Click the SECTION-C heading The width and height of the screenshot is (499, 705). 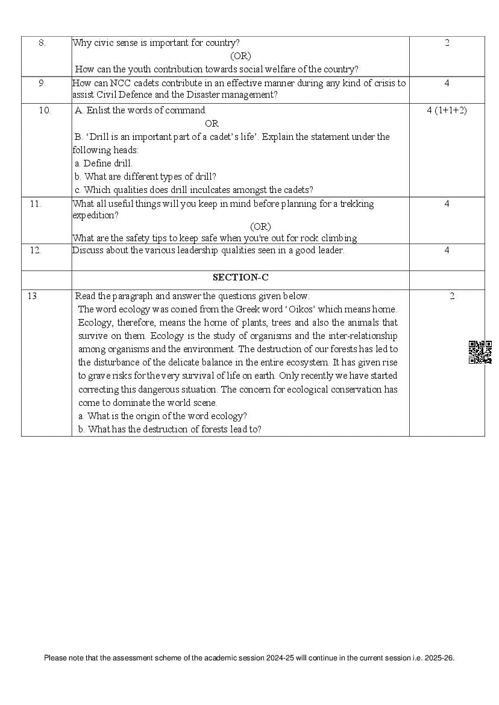coord(240,277)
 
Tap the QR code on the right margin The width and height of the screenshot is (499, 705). coord(480,352)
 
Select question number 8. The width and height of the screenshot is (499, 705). coord(42,43)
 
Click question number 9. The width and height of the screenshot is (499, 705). coord(42,83)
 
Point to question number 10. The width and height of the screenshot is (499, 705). coord(45,110)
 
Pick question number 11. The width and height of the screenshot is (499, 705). coord(36,204)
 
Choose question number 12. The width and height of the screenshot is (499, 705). coord(36,250)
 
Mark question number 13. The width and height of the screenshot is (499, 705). coord(33,296)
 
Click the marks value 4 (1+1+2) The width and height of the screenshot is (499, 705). coord(447,110)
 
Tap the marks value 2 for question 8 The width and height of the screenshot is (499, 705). coord(447,43)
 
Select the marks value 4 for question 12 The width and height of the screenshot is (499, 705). coord(447,250)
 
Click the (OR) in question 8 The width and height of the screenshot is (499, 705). coord(240,56)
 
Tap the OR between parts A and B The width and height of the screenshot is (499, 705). coord(212,124)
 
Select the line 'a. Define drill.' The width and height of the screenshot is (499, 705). coord(103,163)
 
